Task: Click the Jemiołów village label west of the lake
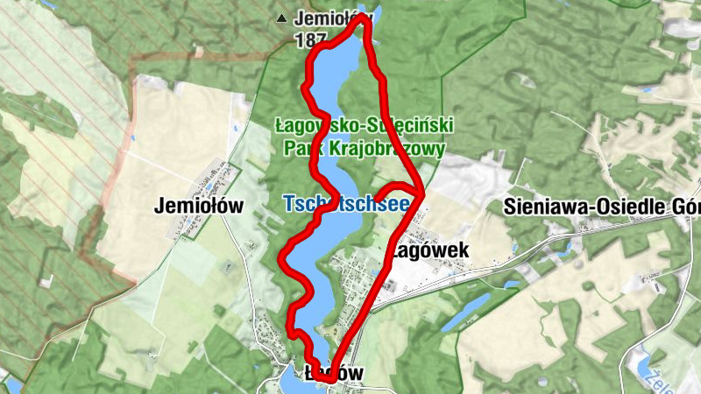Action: click(198, 207)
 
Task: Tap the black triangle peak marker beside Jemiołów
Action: click(281, 18)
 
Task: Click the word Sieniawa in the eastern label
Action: click(548, 207)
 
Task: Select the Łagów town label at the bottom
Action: click(331, 373)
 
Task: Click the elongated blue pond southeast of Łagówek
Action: click(465, 312)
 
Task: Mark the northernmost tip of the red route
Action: click(361, 18)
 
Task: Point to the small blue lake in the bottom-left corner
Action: click(11, 385)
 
